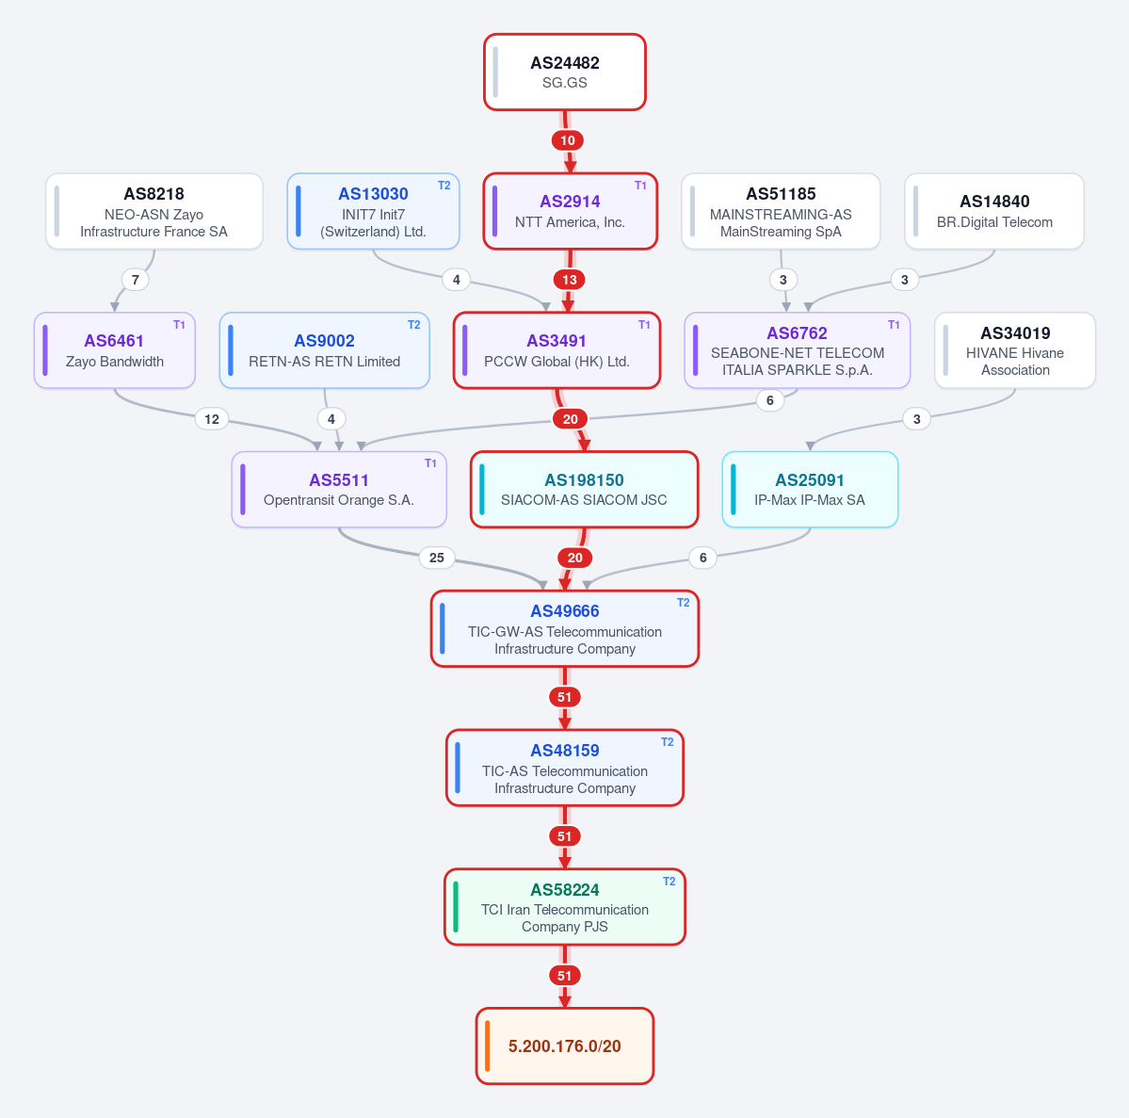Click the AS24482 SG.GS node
coord(565,72)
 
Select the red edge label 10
coord(568,140)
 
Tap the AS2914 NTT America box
coord(571,211)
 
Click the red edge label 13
coord(570,280)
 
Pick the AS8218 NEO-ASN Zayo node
coord(154,211)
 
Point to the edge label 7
coord(136,280)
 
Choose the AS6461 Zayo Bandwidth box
coord(115,350)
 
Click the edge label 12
coord(212,419)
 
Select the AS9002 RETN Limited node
coord(325,350)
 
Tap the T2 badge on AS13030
coord(444,186)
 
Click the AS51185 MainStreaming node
coord(781,211)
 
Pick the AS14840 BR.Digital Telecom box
coord(994,211)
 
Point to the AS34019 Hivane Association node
coord(1015,350)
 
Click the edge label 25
coord(436,558)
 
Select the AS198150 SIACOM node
coord(585,490)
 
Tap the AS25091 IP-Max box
coord(810,490)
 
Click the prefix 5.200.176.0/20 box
coord(565,1046)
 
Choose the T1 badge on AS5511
coord(430,463)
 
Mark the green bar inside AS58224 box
coord(456,907)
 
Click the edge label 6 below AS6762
coord(769,399)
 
